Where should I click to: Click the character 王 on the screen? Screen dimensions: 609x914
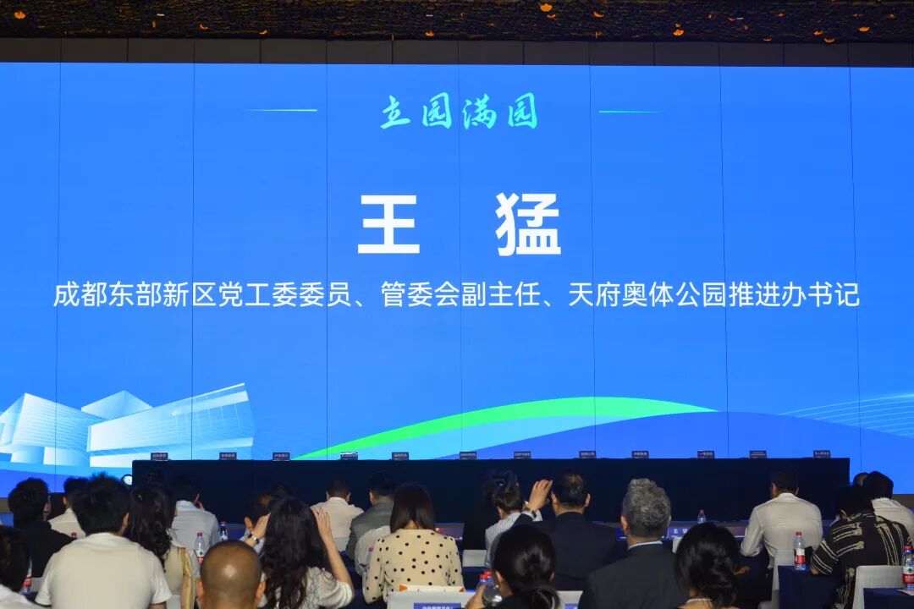388,224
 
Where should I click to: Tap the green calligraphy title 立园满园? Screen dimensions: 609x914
459,112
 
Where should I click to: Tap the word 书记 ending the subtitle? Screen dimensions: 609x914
840,296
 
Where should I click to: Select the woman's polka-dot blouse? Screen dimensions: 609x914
412,562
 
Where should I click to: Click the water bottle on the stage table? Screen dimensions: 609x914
701,516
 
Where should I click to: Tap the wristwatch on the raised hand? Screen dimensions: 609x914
252,538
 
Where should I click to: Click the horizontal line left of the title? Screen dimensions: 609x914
282,110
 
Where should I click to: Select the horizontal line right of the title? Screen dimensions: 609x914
632,111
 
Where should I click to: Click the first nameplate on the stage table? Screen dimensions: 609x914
158,456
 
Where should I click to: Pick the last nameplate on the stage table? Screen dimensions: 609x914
821,454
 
